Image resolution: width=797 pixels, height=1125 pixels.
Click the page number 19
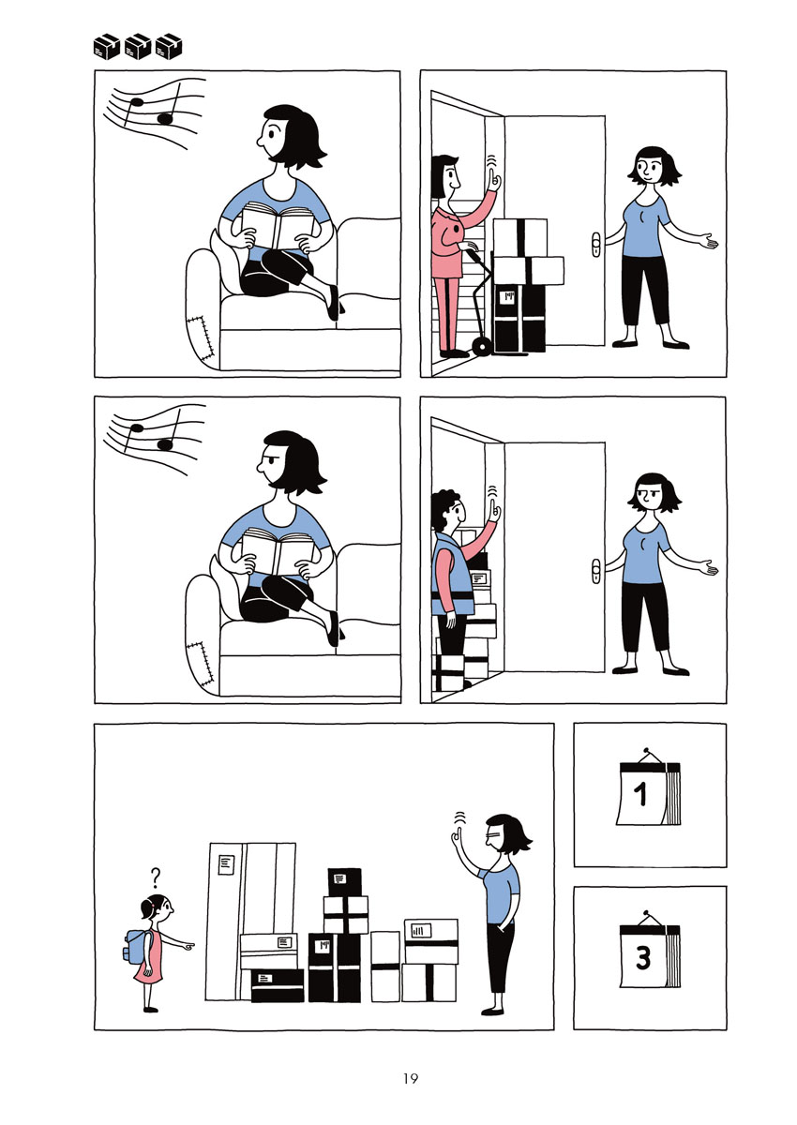(x=411, y=1078)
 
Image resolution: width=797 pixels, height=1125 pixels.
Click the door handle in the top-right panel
(x=596, y=245)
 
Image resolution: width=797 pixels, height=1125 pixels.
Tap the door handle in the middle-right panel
(x=596, y=571)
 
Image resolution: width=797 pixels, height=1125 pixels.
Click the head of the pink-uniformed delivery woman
(x=446, y=175)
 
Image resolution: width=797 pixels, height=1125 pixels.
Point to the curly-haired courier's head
(x=448, y=509)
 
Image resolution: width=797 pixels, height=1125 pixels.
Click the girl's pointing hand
(x=188, y=946)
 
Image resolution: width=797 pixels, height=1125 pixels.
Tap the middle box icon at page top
(x=138, y=47)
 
